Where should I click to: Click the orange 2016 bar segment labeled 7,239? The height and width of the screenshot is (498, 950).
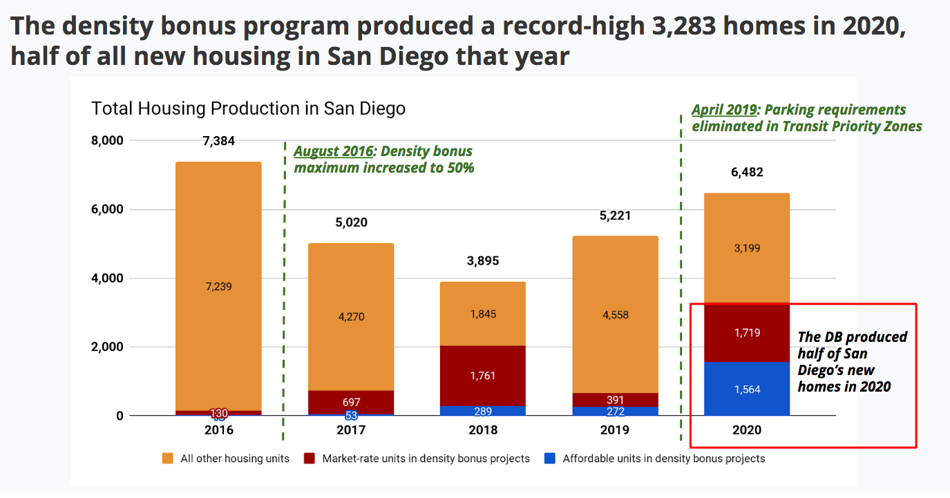(218, 286)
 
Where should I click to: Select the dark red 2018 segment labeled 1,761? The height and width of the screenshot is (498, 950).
(482, 376)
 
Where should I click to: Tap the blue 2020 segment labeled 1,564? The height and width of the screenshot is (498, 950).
(747, 389)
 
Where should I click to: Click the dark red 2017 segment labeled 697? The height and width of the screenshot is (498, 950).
(351, 401)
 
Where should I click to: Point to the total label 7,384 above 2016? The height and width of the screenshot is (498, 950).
(218, 141)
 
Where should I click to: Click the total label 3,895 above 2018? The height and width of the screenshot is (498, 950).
(482, 261)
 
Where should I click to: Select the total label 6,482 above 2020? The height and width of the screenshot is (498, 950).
(747, 173)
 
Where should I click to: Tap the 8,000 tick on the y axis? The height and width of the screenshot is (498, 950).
(107, 141)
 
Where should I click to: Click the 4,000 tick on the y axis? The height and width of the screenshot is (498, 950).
(107, 278)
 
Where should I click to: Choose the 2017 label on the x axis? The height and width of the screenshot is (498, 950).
(351, 430)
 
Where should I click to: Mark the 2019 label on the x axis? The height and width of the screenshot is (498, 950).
(615, 430)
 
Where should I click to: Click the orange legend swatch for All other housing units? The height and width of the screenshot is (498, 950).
(167, 458)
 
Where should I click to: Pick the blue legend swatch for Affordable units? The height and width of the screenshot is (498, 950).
(549, 458)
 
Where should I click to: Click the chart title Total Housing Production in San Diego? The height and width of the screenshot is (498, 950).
(248, 108)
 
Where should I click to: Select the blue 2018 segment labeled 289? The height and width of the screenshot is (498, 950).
(482, 411)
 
